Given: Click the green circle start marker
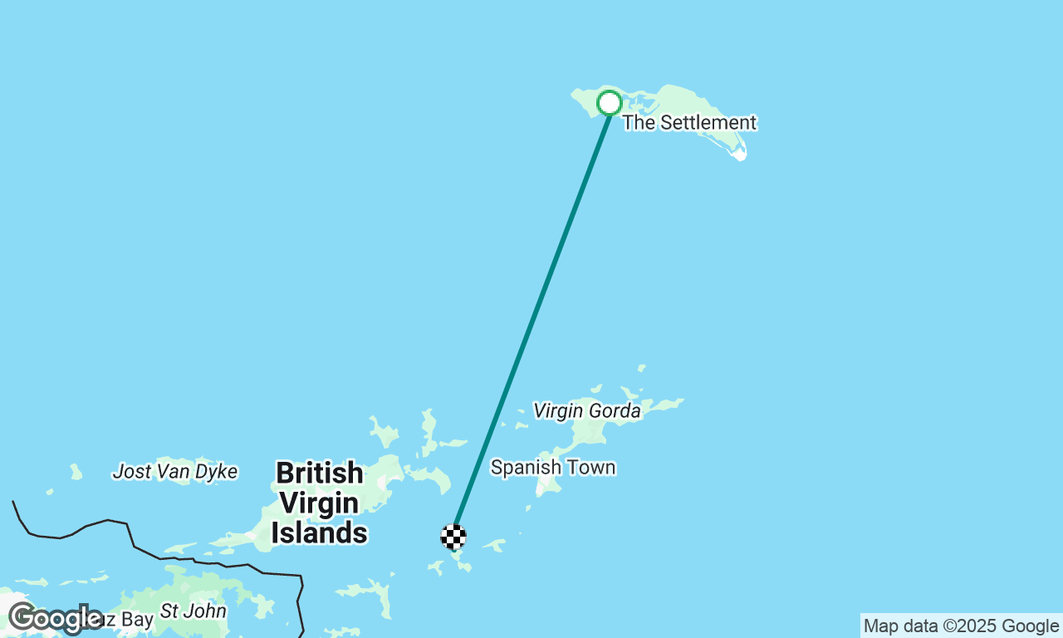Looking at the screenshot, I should (610, 103).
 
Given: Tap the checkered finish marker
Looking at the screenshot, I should (453, 537).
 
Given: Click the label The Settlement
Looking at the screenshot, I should (689, 123).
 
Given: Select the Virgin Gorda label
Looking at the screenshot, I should (586, 410).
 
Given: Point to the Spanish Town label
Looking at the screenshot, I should (553, 468).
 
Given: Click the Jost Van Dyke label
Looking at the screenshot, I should (175, 472).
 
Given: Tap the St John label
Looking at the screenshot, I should (193, 611).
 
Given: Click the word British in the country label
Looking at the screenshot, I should (320, 474).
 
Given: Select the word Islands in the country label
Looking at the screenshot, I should (320, 532).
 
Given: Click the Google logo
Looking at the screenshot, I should (55, 619).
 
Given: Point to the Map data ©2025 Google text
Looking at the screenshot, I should (961, 626).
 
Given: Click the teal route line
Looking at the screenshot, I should (531, 320).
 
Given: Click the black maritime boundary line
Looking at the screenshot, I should (133, 544).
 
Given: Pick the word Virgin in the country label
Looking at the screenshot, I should (320, 503).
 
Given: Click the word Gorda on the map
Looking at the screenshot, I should (615, 410).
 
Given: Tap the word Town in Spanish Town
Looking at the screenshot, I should (590, 468).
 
